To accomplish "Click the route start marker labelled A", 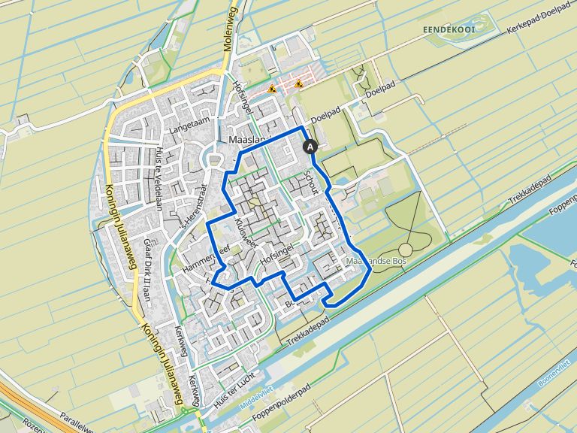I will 310,148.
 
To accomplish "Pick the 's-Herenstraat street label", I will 193,211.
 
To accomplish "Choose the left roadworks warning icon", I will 272,89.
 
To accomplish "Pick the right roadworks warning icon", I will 299,83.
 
